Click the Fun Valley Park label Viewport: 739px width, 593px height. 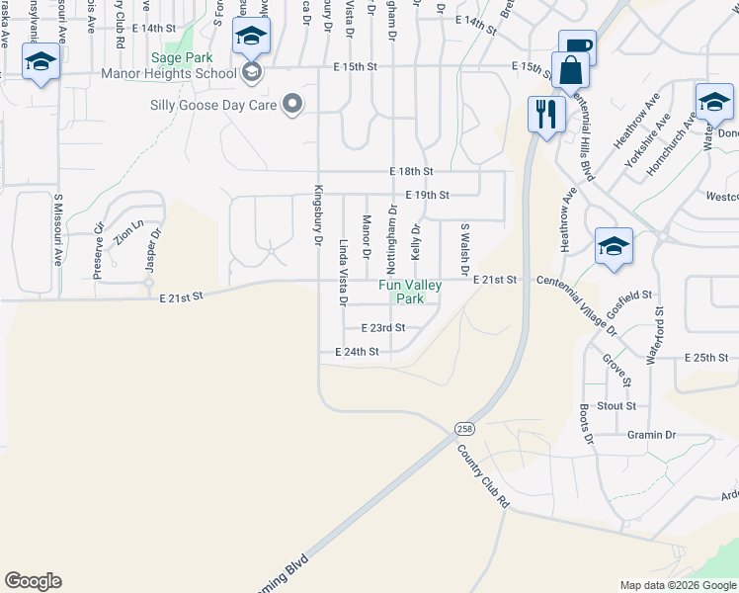tap(411, 292)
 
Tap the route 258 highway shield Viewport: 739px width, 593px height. tap(464, 428)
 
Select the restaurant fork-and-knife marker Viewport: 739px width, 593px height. tap(545, 114)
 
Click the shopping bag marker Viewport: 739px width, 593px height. tap(570, 71)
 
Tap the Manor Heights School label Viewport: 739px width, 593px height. tap(168, 73)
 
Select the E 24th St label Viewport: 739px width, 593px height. tap(357, 352)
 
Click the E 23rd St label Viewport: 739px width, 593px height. tap(383, 328)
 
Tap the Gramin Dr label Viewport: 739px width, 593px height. tap(651, 435)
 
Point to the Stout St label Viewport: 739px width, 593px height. tap(616, 406)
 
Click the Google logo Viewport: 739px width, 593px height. tap(33, 581)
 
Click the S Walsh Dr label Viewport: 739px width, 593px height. tap(462, 248)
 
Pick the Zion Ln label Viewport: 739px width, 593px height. tap(122, 234)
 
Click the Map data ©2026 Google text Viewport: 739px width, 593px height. tap(677, 585)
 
